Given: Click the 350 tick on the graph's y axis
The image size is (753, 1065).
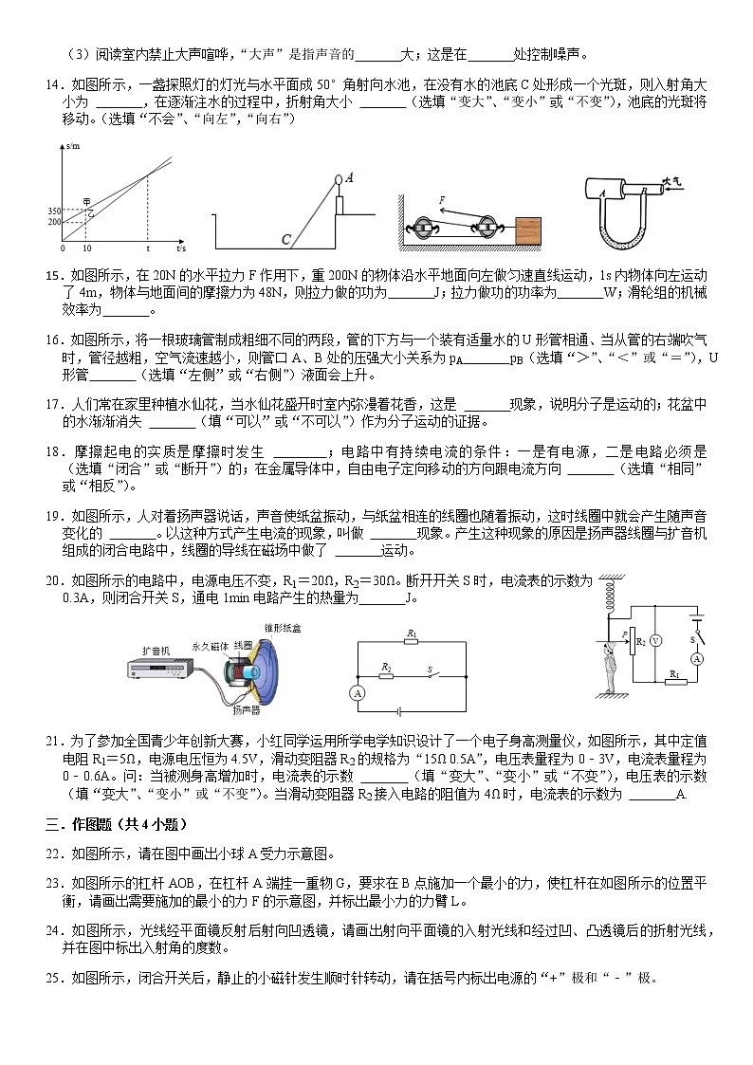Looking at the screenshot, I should [x=53, y=211].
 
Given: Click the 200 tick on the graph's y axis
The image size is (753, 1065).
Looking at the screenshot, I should [x=53, y=221].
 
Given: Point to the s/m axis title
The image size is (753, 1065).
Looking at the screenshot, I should [x=73, y=146].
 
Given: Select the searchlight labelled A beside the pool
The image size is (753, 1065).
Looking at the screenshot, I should [x=339, y=179].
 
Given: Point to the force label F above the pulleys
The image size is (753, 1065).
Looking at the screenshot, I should [x=441, y=200].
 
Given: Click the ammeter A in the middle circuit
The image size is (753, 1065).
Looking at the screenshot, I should [x=358, y=694].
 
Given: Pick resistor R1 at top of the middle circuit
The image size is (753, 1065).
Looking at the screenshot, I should [x=411, y=641].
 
